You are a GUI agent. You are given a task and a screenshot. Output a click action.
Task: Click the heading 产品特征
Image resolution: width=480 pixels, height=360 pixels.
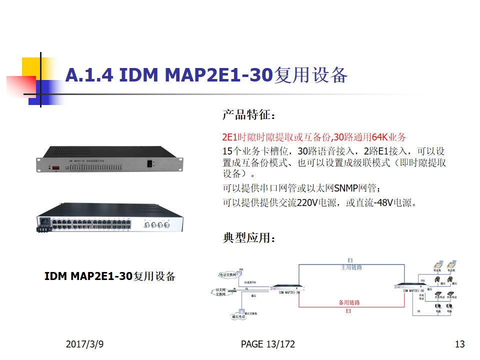[248, 115]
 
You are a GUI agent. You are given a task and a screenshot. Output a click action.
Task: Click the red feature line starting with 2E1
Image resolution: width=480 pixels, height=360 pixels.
[314, 137]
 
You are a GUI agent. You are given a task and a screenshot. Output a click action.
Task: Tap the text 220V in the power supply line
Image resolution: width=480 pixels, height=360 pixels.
[307, 203]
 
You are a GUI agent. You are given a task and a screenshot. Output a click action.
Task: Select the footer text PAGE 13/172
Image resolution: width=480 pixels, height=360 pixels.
[268, 344]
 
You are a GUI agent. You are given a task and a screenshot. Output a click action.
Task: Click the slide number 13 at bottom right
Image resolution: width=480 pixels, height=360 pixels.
[460, 344]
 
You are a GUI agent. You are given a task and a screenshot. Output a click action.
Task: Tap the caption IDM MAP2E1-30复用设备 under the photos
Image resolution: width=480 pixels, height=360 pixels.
[110, 276]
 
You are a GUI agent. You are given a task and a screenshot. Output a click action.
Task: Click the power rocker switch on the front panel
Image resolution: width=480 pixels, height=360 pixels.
[149, 163]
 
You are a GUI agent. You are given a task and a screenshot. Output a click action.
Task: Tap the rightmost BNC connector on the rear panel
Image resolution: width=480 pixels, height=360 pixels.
[169, 225]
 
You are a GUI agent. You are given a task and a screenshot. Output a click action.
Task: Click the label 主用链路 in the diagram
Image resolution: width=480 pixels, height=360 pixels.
[350, 267]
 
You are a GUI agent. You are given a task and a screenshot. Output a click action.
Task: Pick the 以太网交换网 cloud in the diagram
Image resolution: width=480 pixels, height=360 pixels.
[220, 292]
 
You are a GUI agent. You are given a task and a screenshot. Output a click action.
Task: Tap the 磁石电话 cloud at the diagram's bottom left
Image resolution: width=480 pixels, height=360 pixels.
[239, 316]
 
